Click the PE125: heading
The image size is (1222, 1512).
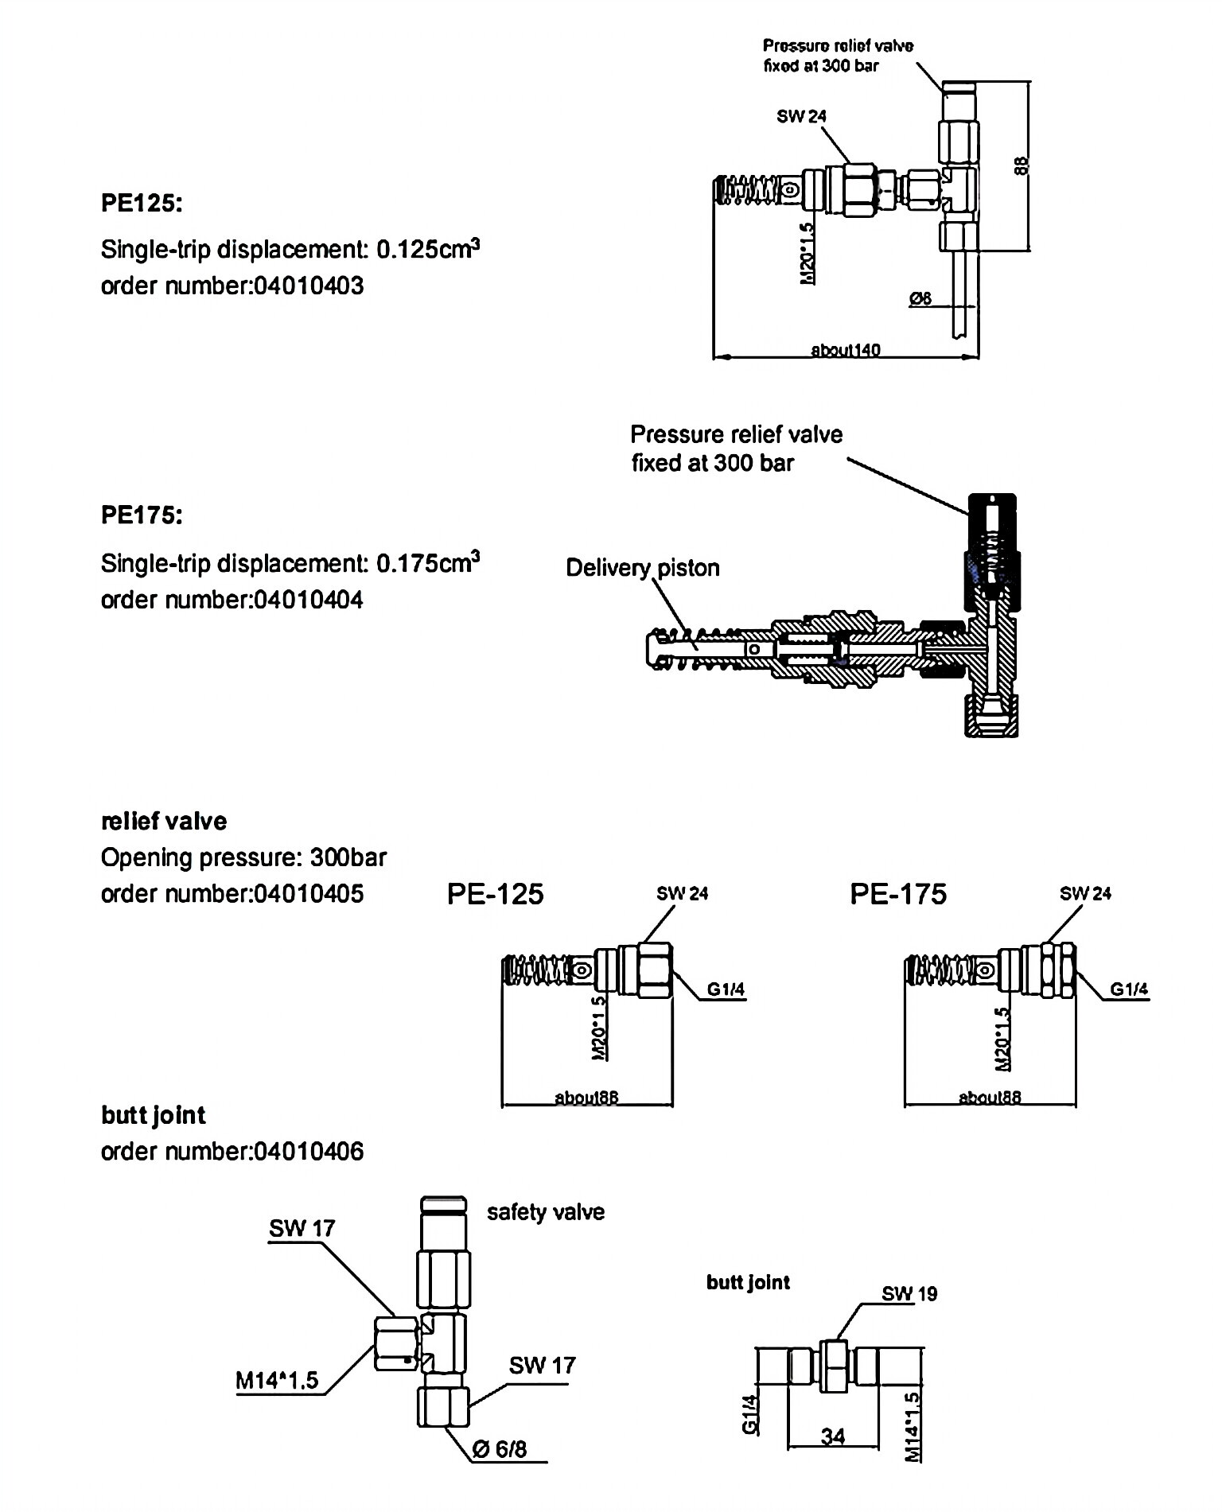(142, 204)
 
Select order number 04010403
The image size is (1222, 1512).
(232, 286)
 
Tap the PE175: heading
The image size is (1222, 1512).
(142, 515)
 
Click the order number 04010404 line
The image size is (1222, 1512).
(232, 600)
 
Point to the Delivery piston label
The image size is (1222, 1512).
(642, 568)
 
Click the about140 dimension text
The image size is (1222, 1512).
(845, 350)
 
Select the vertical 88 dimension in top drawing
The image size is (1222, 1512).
(1023, 165)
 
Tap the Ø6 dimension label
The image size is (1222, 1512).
(920, 299)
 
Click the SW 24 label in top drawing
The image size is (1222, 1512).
(801, 116)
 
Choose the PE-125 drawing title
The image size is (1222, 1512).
(495, 894)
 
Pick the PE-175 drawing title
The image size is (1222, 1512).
(898, 894)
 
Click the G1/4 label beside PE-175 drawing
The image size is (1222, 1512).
(1129, 989)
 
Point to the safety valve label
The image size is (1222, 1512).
(546, 1212)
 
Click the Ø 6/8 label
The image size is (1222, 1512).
(499, 1449)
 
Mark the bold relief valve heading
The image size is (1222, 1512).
(164, 822)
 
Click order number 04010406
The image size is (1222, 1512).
(232, 1151)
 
